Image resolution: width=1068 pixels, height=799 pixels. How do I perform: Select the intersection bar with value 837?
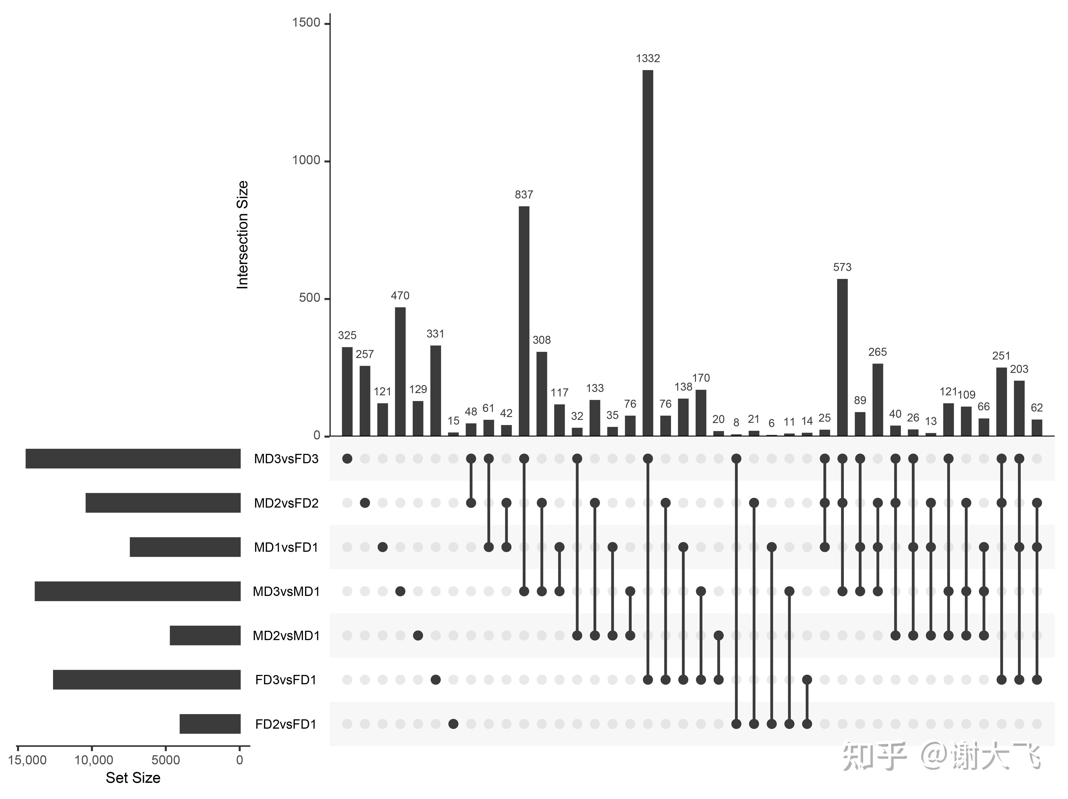point(524,321)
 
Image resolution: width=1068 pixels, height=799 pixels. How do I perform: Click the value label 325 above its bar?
point(347,335)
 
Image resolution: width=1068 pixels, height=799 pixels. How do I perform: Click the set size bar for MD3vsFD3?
point(133,459)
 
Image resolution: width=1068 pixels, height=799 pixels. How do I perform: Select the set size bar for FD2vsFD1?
point(210,724)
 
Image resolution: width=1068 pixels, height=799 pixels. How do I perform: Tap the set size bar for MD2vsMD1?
point(205,635)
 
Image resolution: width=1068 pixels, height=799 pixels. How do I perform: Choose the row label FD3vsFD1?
point(286,680)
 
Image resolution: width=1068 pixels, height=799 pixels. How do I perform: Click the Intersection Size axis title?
point(242,235)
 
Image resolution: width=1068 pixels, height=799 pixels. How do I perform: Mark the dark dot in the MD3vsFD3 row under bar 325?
point(347,459)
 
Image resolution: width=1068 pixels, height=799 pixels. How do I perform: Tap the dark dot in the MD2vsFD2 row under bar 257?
point(365,503)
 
